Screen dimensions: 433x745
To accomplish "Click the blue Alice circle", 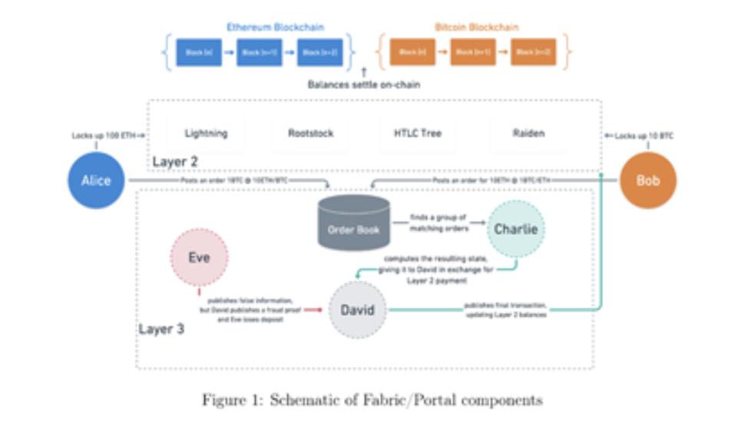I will [x=95, y=181].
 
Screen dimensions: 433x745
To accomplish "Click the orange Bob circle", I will [x=647, y=181].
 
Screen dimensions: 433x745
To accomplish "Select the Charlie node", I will [x=516, y=229].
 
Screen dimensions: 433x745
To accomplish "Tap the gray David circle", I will [x=357, y=309].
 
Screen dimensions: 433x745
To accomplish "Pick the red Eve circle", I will [x=199, y=258].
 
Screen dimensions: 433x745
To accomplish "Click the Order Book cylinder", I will [x=354, y=223].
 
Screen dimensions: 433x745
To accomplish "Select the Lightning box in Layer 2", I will [x=206, y=134].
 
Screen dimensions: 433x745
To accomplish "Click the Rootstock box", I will [x=310, y=134].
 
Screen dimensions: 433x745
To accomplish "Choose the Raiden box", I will [x=528, y=134].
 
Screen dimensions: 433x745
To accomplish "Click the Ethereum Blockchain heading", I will [x=275, y=27].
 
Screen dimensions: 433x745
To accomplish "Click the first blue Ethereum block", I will [x=199, y=52].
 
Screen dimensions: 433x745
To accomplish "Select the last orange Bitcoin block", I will [x=535, y=52].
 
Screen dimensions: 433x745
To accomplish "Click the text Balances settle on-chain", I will [x=364, y=84].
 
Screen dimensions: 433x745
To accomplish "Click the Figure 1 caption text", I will [x=372, y=400].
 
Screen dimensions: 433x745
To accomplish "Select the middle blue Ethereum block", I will [x=260, y=52].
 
